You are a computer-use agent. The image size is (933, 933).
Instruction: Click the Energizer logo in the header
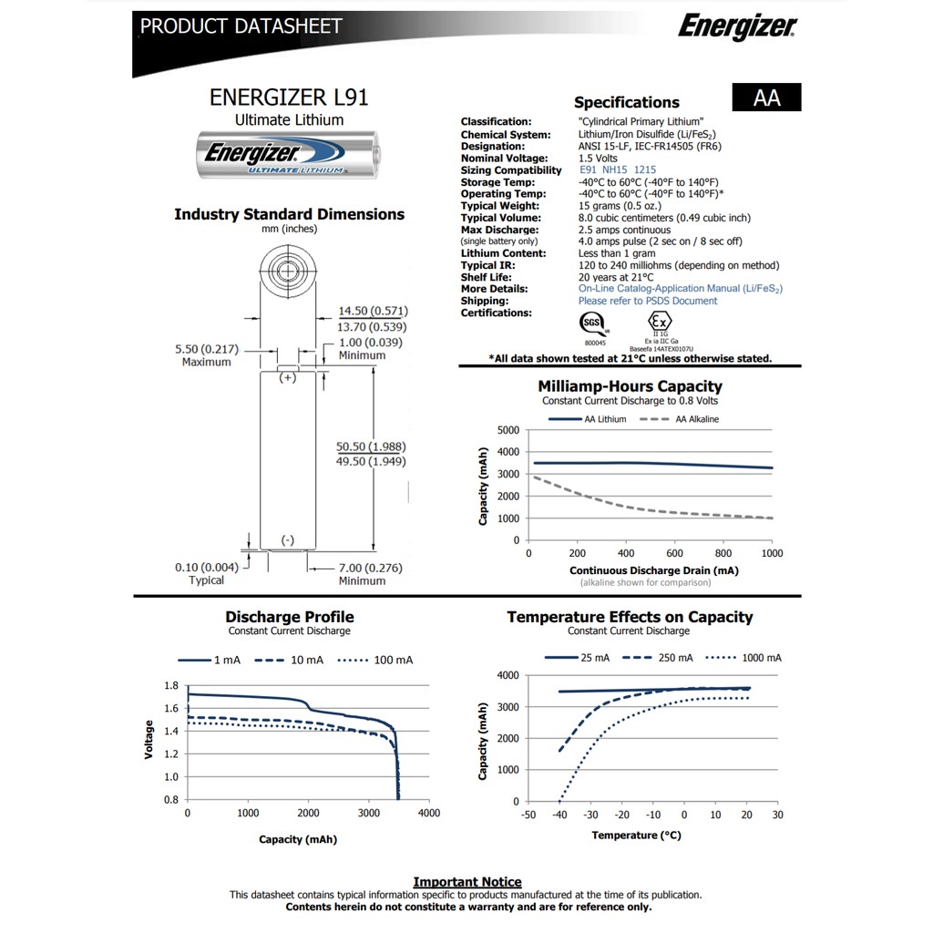click(736, 26)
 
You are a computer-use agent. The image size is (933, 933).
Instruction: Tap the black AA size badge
click(766, 97)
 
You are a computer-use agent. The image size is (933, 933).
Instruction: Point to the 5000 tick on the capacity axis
click(508, 430)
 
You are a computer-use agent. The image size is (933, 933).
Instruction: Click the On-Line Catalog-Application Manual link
click(680, 289)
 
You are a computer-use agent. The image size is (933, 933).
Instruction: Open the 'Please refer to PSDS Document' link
click(647, 301)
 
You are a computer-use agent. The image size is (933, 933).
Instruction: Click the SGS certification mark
click(592, 324)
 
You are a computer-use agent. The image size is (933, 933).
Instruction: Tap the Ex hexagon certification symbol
click(659, 323)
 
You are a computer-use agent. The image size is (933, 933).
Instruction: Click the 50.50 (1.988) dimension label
click(371, 446)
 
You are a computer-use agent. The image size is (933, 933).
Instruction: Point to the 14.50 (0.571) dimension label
click(372, 311)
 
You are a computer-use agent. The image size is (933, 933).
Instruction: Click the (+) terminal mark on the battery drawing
click(288, 377)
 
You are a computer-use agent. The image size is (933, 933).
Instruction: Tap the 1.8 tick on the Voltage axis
click(170, 685)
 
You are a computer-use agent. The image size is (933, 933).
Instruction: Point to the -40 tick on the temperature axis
click(559, 815)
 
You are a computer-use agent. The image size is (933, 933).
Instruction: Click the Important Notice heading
click(467, 882)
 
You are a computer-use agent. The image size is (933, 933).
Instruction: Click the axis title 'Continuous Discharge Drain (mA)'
click(653, 570)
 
